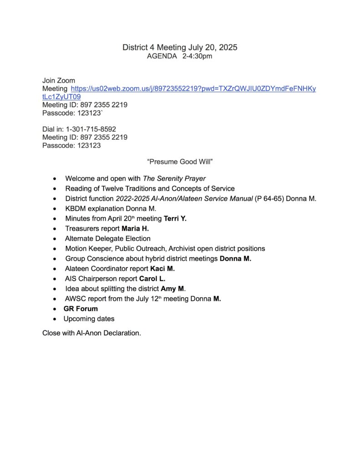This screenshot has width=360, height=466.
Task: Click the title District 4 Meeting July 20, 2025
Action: pos(180,47)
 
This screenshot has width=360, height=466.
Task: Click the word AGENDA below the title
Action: pos(162,56)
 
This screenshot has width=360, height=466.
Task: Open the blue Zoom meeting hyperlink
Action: pos(193,89)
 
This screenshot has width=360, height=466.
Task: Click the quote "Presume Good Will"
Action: pos(180,162)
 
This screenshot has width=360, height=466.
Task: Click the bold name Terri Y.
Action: pos(175,218)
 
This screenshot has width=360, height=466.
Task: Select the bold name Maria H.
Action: pos(135,228)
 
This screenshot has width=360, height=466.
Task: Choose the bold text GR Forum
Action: pos(81,309)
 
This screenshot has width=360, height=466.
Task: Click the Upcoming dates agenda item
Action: pos(89,319)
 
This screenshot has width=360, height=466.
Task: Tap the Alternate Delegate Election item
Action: pos(107,238)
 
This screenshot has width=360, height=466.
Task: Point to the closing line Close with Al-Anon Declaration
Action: pos(91,333)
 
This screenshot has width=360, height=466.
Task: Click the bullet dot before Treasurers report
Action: pos(55,229)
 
